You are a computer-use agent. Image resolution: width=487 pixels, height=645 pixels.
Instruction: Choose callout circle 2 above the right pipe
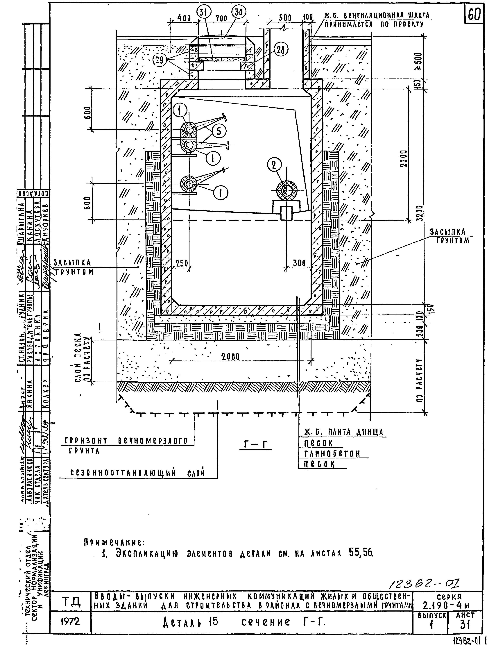click(274, 165)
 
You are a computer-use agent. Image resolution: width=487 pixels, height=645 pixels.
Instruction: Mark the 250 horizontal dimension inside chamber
click(182, 263)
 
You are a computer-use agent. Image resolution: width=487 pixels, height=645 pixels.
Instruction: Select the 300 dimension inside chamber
click(299, 263)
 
